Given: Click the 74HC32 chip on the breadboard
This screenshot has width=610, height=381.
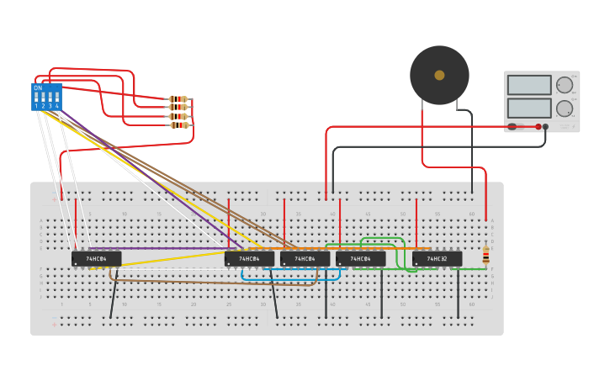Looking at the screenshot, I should pos(437,259).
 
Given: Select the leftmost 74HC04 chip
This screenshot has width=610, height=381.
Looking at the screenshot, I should pos(96,259).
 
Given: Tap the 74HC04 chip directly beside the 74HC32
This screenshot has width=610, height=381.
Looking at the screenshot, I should pos(360,259).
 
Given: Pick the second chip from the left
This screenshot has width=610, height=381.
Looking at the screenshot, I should pos(249,259).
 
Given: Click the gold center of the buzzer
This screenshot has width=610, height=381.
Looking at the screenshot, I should pos(439,75).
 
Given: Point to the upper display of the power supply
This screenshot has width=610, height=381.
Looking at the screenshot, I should pos(529,85).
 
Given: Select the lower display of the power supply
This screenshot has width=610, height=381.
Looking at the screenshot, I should pos(529,108).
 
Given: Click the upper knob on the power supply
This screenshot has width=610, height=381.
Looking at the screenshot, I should pos(565,85).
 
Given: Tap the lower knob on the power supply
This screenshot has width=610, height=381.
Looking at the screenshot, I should pos(565,108).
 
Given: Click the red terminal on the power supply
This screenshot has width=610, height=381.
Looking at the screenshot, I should pos(538,127).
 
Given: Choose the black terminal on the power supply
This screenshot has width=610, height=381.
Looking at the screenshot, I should pos(545,127).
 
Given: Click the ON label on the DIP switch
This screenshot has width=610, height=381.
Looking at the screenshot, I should pos(38,87).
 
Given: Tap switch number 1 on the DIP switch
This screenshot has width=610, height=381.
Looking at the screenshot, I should pos(36,98).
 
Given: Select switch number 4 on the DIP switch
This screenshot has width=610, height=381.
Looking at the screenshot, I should pos(56,98).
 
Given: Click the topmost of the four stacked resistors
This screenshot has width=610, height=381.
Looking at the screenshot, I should pos(178,99).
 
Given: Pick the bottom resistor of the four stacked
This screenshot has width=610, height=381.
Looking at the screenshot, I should pos(178,125).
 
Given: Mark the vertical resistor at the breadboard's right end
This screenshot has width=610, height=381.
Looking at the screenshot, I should pos(485,254).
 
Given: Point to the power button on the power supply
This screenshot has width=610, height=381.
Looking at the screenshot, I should pos(512,127).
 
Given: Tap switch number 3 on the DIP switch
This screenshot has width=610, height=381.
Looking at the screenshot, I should pos(50,98).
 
